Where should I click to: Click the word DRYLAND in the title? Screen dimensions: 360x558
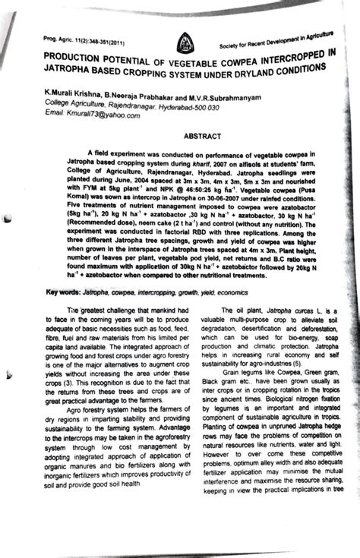coord(254,71)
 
